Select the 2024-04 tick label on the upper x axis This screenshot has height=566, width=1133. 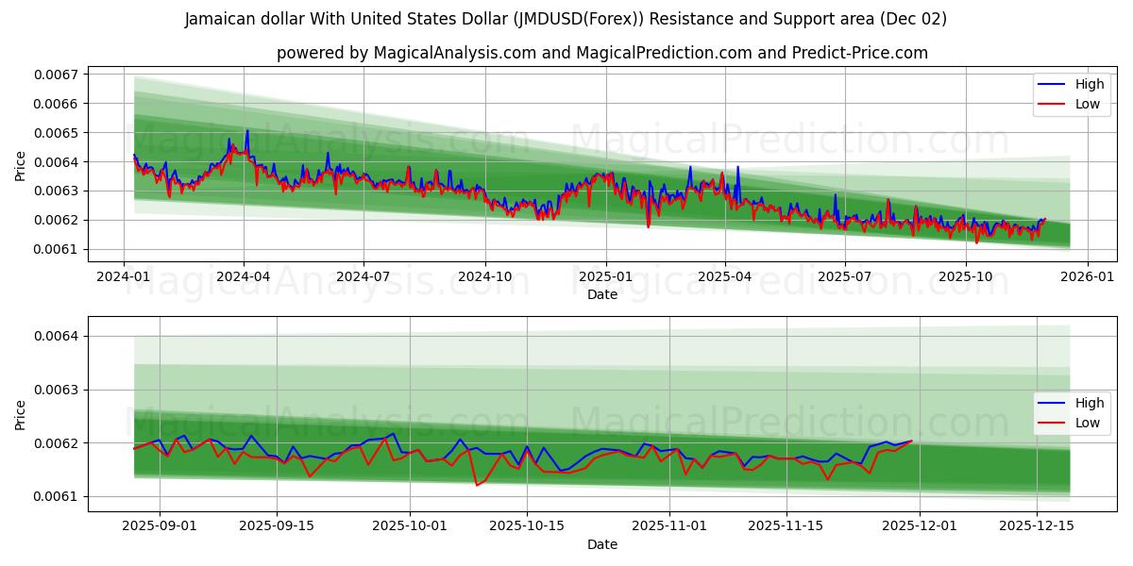click(244, 277)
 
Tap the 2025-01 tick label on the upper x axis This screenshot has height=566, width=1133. click(605, 277)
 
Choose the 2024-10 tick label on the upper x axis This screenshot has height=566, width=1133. click(485, 277)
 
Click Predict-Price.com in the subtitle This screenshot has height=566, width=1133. click(861, 53)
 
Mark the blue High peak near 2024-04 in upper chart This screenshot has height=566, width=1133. click(247, 131)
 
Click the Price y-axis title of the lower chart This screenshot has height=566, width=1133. click(21, 414)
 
